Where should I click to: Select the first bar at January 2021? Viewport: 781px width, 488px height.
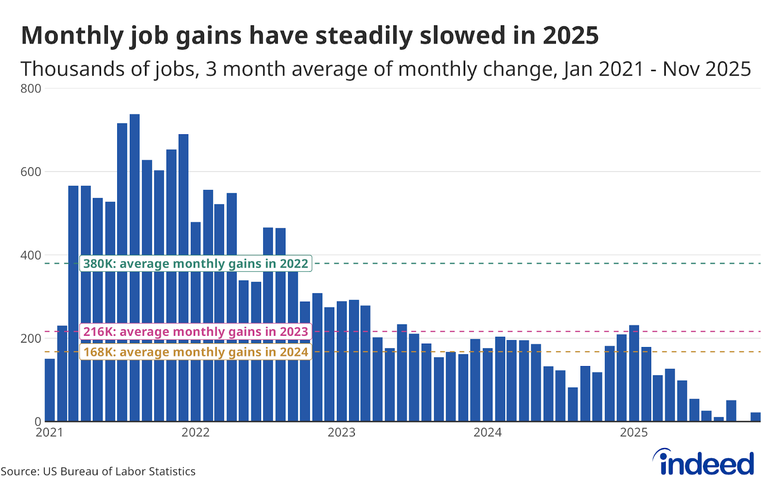click(x=50, y=390)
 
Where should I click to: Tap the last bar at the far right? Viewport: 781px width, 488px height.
click(x=755, y=417)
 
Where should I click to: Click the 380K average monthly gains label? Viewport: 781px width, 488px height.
click(x=196, y=264)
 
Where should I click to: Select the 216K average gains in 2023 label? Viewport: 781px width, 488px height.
click(x=196, y=332)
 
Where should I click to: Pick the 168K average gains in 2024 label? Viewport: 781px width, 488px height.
click(x=196, y=352)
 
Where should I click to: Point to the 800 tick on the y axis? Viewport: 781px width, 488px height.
click(x=31, y=89)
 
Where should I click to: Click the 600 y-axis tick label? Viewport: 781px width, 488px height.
click(x=31, y=172)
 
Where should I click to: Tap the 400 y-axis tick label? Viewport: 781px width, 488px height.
click(x=31, y=255)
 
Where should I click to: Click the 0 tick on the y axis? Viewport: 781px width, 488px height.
click(x=37, y=422)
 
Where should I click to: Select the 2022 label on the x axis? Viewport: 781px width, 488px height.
click(x=195, y=432)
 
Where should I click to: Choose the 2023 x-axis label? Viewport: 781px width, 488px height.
click(x=341, y=432)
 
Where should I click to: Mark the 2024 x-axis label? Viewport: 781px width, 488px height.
click(x=487, y=432)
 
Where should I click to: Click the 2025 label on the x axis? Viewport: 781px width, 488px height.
click(x=634, y=432)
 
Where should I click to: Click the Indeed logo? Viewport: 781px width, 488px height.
click(x=704, y=462)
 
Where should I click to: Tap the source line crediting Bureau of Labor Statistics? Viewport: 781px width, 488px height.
click(x=98, y=471)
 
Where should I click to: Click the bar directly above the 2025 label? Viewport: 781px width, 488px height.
click(x=634, y=373)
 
